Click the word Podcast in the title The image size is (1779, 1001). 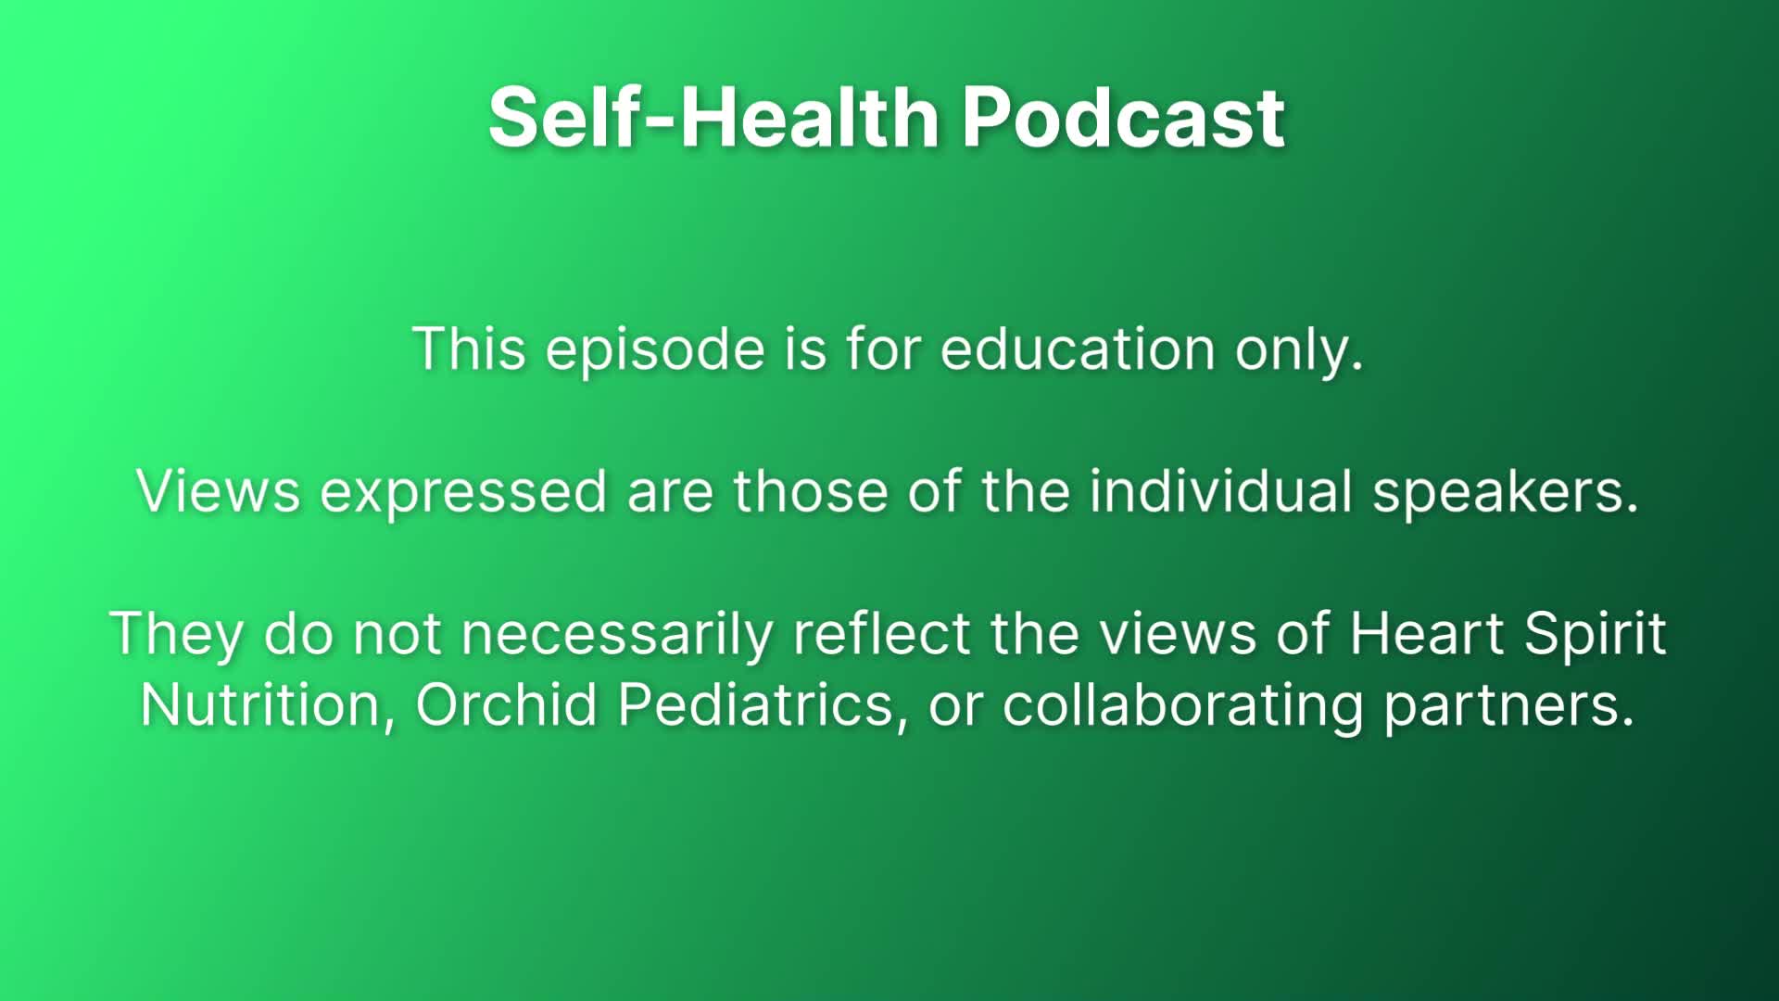click(1123, 118)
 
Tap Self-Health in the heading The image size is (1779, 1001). click(713, 118)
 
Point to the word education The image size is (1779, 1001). click(1078, 349)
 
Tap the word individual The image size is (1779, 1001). click(1220, 491)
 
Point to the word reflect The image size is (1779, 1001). click(881, 634)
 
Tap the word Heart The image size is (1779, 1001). click(1426, 634)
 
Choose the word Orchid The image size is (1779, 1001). click(506, 705)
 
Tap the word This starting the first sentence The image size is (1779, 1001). click(470, 349)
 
